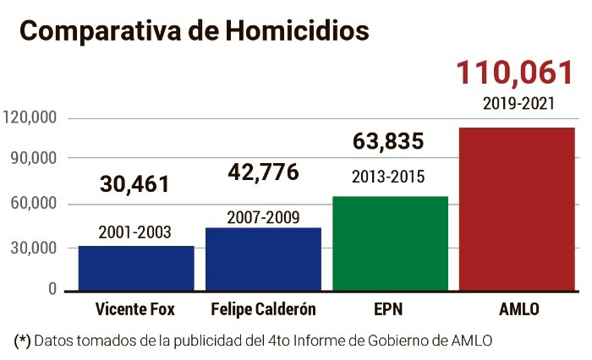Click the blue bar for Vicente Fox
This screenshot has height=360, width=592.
(135, 269)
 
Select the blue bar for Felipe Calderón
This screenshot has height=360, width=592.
(263, 259)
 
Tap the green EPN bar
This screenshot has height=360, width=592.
(390, 244)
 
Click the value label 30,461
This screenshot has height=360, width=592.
(134, 184)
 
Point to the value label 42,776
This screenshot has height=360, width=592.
(263, 172)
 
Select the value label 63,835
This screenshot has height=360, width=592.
(388, 142)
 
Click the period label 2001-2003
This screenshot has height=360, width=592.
(134, 232)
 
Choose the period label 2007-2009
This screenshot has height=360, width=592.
(263, 216)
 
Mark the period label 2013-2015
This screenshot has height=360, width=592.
(388, 177)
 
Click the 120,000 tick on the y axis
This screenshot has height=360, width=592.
(30, 117)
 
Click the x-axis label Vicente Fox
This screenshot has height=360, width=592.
(135, 309)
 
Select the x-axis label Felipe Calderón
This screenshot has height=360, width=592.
(262, 309)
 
